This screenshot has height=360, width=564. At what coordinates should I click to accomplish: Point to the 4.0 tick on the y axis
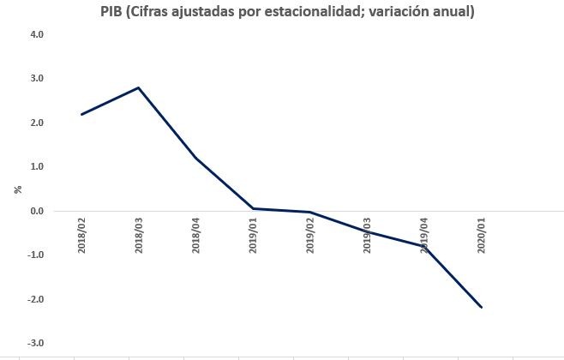point(37,34)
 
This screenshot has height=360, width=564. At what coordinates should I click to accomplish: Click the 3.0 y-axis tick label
point(37,79)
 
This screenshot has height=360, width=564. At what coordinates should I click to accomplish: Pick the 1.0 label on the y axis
point(37,167)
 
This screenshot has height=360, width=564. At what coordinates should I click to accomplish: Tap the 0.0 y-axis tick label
point(37,211)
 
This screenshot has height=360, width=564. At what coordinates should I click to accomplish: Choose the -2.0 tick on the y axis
point(35,299)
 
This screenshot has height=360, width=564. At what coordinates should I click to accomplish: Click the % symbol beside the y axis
point(17,189)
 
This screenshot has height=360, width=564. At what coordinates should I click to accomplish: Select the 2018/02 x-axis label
point(81,235)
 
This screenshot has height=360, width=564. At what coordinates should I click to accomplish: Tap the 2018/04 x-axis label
point(196,235)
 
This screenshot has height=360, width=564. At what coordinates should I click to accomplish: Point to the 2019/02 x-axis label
point(310,235)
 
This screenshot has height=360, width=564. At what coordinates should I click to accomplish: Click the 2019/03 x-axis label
point(368,235)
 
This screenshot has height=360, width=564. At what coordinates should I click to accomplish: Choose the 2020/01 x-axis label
point(482,235)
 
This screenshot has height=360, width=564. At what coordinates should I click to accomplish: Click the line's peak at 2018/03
point(139,87)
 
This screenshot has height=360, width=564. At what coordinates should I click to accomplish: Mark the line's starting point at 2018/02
point(81,114)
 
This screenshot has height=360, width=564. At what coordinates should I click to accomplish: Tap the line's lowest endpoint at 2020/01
point(482,307)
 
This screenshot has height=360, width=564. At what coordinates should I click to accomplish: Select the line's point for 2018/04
point(196,158)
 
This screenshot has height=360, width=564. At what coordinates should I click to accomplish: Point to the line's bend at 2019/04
point(424,246)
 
